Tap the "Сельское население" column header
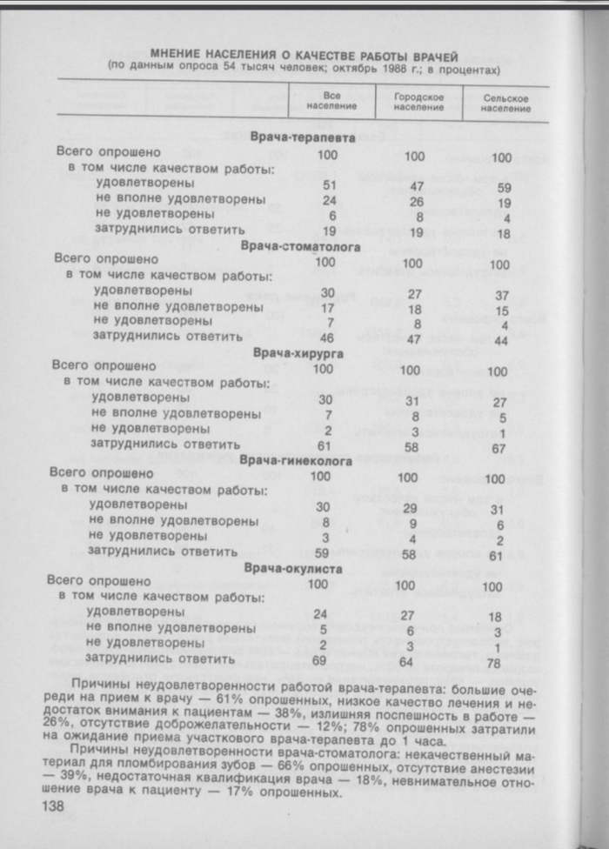point(505,104)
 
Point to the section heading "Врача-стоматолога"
point(296,245)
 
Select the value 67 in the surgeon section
point(499,447)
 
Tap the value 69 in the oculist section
point(319,661)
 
